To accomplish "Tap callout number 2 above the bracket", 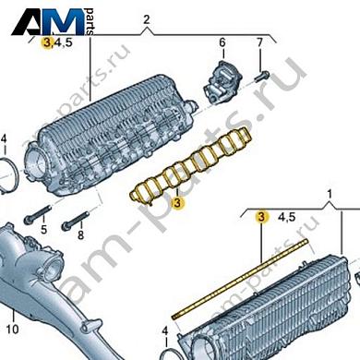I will (146, 18).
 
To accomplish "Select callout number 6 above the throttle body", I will (222, 43).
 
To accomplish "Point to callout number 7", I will (259, 43).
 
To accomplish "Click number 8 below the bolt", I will (80, 235).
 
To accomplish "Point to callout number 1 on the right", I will (327, 195).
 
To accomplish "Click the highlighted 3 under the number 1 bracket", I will (261, 218).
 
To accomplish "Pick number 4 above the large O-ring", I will (4, 140).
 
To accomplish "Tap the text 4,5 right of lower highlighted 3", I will (286, 218).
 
